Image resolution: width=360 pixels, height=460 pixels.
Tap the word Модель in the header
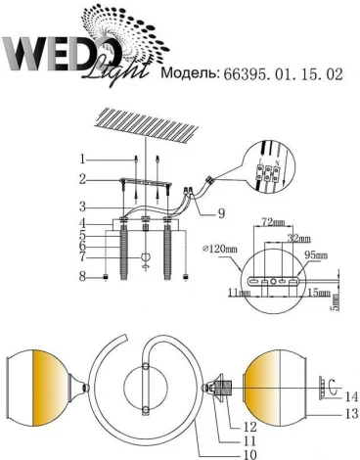point(192,73)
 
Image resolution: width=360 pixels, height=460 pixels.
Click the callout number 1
point(84,159)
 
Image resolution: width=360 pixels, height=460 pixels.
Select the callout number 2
point(84,178)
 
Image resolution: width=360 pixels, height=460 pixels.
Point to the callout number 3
point(84,207)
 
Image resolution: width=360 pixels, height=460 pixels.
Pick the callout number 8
point(84,277)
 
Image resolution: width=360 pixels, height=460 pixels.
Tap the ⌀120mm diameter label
point(222,251)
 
